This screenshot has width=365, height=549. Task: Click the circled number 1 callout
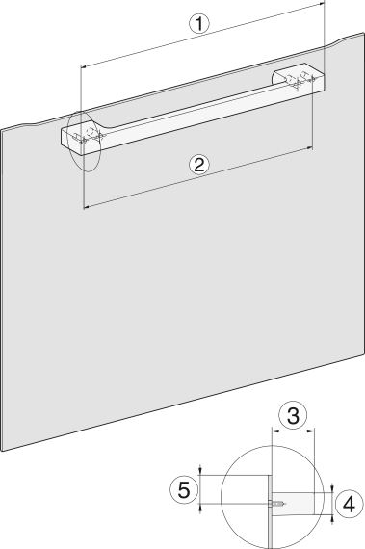(x=198, y=24)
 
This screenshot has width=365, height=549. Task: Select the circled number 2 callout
(x=198, y=165)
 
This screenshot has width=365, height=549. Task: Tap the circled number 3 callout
(x=293, y=415)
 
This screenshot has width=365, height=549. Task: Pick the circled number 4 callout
(x=349, y=505)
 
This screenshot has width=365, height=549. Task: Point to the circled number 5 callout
(x=184, y=489)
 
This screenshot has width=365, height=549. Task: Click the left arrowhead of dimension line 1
(x=83, y=65)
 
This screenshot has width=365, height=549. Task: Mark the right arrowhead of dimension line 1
(x=323, y=3)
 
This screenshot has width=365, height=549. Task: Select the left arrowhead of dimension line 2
(x=86, y=208)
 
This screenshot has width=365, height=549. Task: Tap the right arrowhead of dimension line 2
(x=309, y=148)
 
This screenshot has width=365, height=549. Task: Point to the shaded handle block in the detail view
(x=293, y=504)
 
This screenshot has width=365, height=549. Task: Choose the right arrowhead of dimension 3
(x=312, y=431)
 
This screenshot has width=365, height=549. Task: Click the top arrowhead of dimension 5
(x=200, y=472)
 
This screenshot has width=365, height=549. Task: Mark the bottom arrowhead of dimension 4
(x=332, y=517)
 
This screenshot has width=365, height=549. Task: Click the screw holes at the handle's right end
(x=300, y=80)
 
